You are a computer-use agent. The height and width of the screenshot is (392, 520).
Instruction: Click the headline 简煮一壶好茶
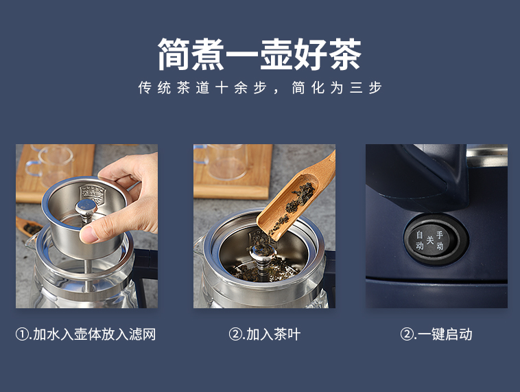pyautogui.click(x=260, y=54)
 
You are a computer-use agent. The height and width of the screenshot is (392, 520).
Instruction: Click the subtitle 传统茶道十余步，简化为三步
pyautogui.click(x=260, y=88)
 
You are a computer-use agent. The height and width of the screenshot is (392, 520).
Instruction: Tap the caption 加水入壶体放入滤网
pyautogui.click(x=94, y=334)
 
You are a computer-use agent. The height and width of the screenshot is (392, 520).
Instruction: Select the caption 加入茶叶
pyautogui.click(x=273, y=334)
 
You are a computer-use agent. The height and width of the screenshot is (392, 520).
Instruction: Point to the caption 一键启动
pyautogui.click(x=445, y=334)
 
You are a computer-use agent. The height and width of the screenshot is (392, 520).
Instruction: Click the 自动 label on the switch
pyautogui.click(x=420, y=240)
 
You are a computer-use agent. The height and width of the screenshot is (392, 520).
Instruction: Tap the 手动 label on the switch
pyautogui.click(x=440, y=240)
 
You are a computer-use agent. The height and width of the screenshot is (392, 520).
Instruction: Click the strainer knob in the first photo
pyautogui.click(x=86, y=208)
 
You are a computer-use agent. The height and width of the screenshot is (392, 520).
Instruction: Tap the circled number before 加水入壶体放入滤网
pyautogui.click(x=22, y=334)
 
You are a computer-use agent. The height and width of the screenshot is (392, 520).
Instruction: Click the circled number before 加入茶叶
pyautogui.click(x=235, y=334)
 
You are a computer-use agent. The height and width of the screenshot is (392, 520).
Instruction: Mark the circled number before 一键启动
pyautogui.click(x=407, y=334)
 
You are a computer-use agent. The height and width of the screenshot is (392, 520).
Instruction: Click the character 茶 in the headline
pyautogui.click(x=345, y=54)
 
